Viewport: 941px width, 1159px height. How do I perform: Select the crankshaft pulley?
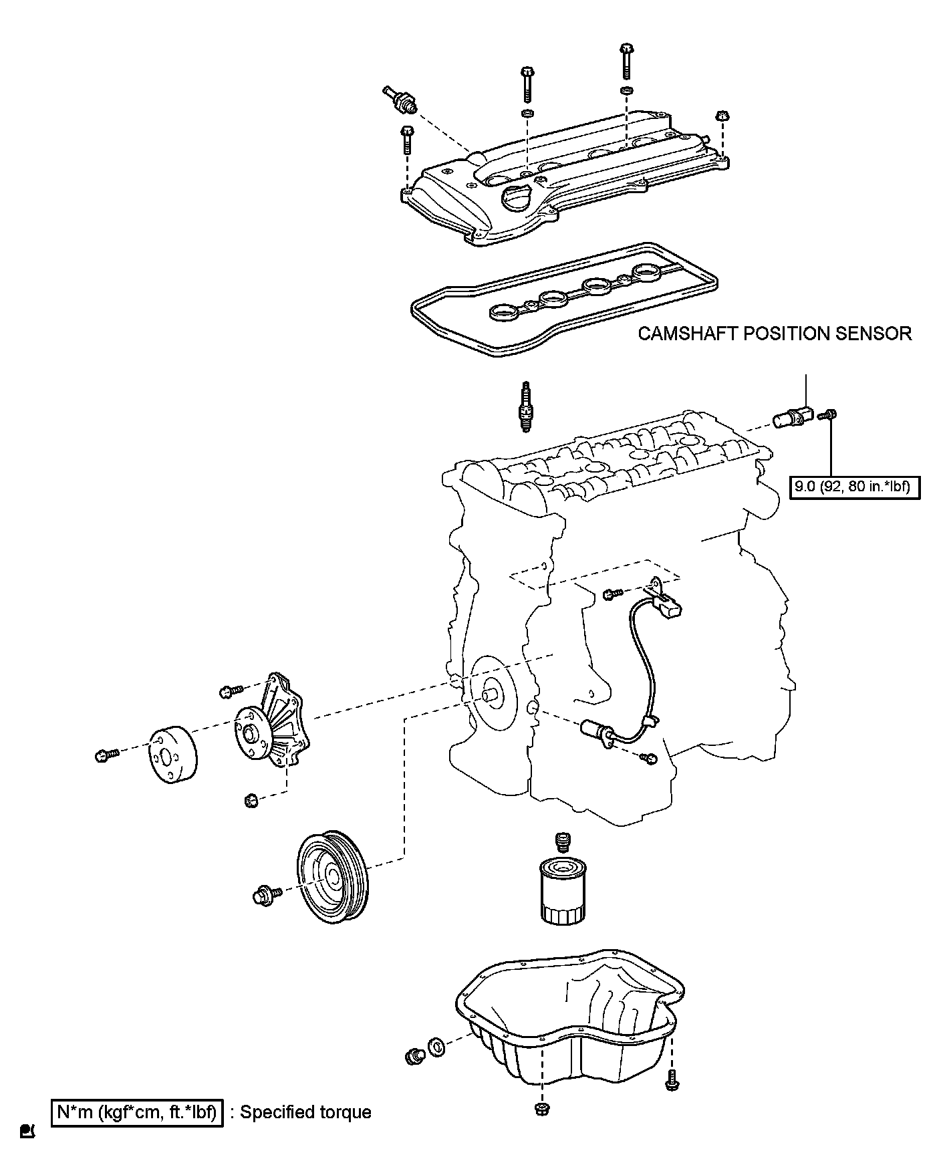(x=332, y=877)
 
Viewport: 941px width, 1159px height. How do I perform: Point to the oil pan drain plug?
(x=414, y=1056)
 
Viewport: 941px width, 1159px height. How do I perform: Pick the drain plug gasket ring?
(x=436, y=1047)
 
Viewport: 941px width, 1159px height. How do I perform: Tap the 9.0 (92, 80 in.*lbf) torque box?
(x=854, y=486)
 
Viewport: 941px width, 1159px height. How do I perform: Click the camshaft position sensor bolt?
(x=829, y=416)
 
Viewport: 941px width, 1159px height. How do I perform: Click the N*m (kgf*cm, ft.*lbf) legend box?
(x=137, y=1113)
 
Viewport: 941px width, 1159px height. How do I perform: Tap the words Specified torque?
(x=305, y=1113)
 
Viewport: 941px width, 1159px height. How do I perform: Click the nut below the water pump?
(x=252, y=799)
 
